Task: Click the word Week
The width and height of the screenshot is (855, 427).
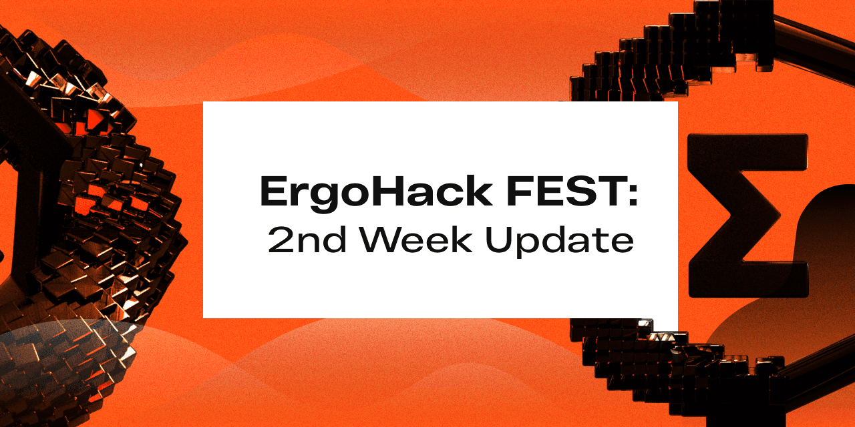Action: (x=416, y=240)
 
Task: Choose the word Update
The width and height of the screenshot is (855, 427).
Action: (x=560, y=242)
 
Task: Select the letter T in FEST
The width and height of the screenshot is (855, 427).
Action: (x=605, y=191)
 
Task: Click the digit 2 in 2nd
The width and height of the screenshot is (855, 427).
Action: (x=282, y=240)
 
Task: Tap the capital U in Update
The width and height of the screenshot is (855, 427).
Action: (x=499, y=240)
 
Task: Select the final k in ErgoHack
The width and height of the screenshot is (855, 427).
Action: (x=480, y=191)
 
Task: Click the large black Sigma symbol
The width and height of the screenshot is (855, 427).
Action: (x=747, y=216)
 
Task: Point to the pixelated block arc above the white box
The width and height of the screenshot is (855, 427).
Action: (x=672, y=53)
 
